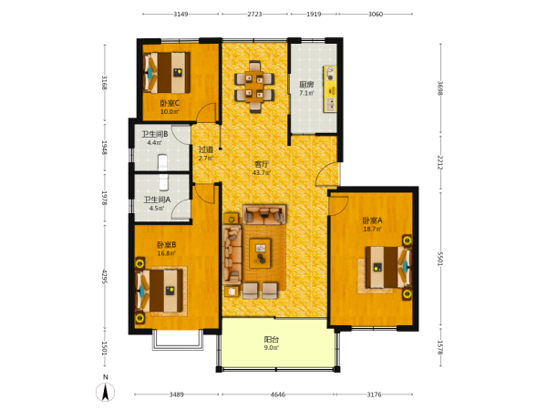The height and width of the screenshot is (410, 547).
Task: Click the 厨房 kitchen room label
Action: [306, 84]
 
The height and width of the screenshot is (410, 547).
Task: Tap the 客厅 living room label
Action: [262, 164]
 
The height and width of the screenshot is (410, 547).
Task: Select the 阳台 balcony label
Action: [271, 339]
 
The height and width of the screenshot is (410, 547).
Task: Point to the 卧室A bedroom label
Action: [372, 220]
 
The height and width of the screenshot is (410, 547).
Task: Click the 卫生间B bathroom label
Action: [155, 134]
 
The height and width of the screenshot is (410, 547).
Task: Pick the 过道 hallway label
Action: [205, 149]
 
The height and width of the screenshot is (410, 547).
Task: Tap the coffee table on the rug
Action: [260, 253]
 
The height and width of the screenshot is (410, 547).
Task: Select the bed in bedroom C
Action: [167, 73]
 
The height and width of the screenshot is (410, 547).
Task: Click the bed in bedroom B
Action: [159, 292]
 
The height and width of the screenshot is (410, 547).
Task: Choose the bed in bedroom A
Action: [388, 267]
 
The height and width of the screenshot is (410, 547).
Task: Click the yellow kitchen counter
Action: [330, 88]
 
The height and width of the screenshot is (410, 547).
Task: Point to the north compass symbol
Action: [106, 392]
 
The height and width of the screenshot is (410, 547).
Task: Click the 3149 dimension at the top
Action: [181, 14]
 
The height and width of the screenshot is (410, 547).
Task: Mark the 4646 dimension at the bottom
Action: [278, 395]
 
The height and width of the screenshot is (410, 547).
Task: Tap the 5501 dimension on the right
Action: [440, 259]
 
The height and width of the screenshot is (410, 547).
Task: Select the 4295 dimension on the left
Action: [104, 276]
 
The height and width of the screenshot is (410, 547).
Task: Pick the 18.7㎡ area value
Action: [372, 229]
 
